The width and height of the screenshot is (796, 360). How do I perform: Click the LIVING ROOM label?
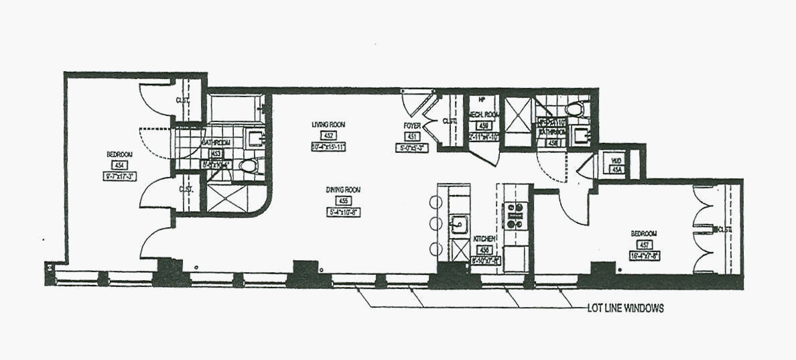[328, 125]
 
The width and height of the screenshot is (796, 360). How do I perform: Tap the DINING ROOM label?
[343, 190]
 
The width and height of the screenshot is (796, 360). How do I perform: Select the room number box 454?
[120, 166]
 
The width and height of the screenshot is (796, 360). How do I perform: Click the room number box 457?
[643, 245]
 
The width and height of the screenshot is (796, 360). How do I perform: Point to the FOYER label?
[411, 125]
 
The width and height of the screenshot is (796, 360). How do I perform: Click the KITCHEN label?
[484, 239]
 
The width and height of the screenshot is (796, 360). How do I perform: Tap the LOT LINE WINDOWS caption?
[621, 308]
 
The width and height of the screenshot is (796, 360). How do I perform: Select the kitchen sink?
[460, 223]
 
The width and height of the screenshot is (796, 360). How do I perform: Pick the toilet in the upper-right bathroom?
[575, 109]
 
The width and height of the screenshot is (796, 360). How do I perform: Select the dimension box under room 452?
[327, 147]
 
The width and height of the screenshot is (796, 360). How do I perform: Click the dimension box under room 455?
[343, 213]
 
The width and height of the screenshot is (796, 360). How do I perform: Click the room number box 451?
[412, 136]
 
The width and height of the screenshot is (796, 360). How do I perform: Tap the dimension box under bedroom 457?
[643, 256]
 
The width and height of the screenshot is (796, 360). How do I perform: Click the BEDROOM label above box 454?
[119, 155]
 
